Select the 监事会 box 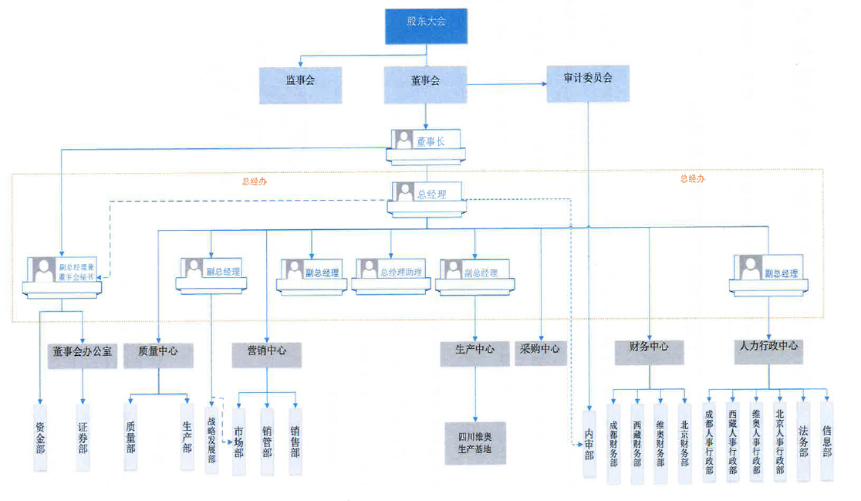tap(299, 80)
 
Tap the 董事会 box tap(425, 80)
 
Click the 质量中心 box tap(158, 351)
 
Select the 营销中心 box tap(267, 351)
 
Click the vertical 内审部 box tap(589, 445)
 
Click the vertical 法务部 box tap(803, 439)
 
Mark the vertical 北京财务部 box tap(684, 442)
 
